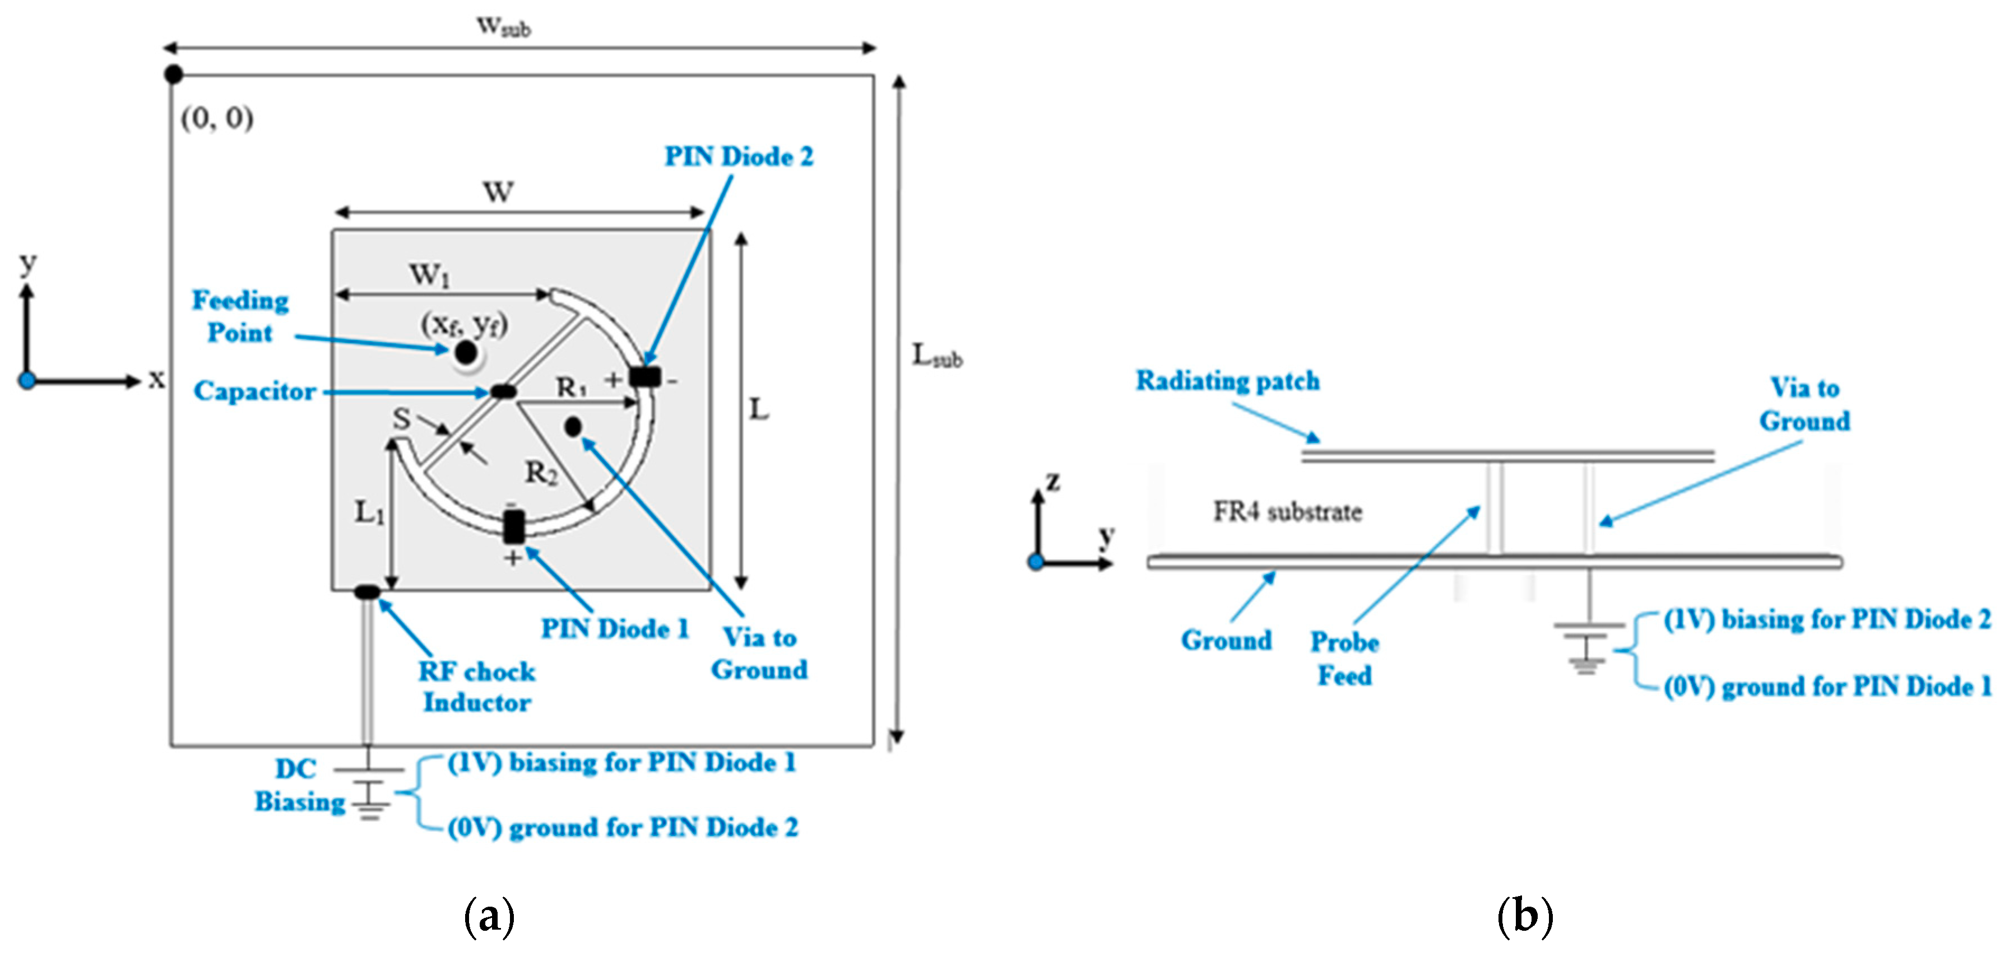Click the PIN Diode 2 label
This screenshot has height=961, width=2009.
point(738,157)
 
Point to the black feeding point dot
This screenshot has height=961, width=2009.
point(466,353)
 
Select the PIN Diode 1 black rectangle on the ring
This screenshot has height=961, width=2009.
point(513,528)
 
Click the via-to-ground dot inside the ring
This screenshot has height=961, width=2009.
point(573,426)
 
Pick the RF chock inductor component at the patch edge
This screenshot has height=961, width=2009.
point(367,593)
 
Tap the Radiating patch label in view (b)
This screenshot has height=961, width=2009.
point(1228,381)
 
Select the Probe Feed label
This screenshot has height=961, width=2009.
point(1344,659)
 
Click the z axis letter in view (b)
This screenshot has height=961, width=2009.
point(1053,481)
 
